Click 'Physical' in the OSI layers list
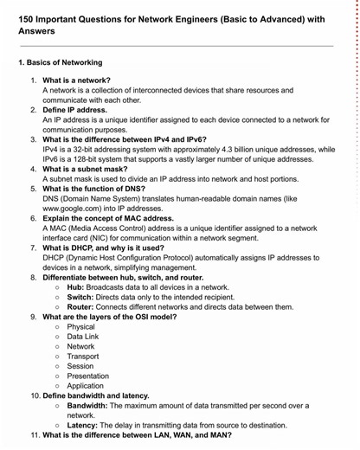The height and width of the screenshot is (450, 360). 81,327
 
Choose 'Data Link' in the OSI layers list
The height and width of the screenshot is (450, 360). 84,337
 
